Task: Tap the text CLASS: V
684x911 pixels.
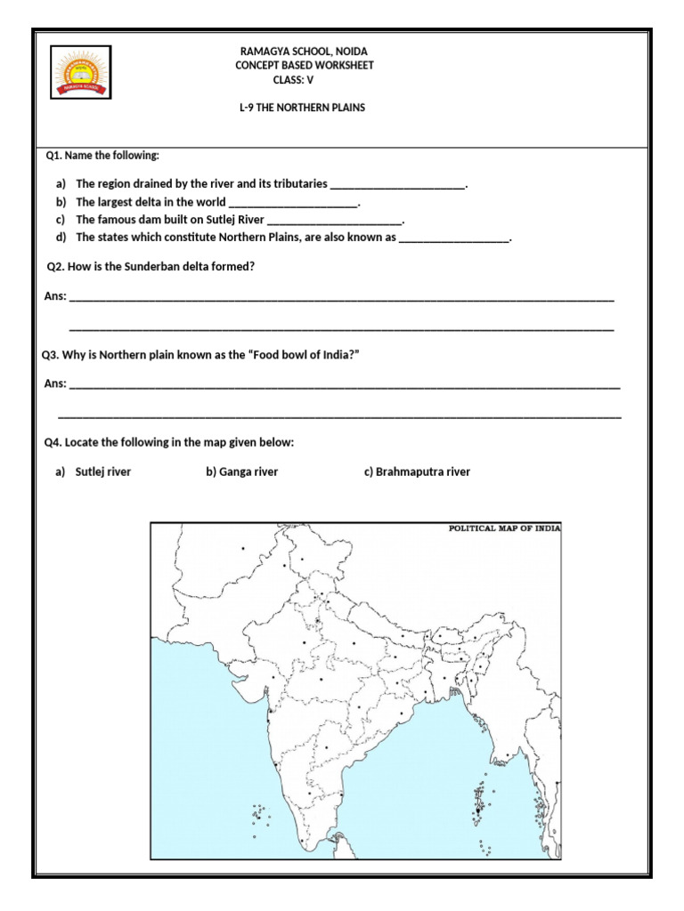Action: [299, 80]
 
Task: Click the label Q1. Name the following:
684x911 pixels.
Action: [102, 156]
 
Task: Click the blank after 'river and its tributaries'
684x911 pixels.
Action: [397, 185]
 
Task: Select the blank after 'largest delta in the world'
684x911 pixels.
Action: [293, 203]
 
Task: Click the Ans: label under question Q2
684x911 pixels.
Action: [54, 296]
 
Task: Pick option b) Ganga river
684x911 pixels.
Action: [242, 472]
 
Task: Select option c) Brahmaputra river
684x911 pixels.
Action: [417, 472]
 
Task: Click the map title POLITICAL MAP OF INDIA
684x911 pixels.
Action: [503, 528]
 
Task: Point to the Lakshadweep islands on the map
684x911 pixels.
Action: [259, 814]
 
